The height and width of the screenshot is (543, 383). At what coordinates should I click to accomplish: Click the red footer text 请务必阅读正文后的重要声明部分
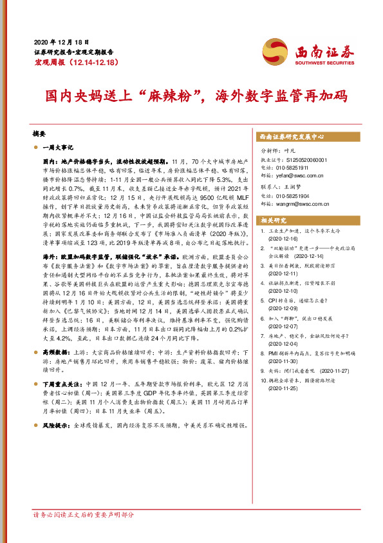click(84, 533)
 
